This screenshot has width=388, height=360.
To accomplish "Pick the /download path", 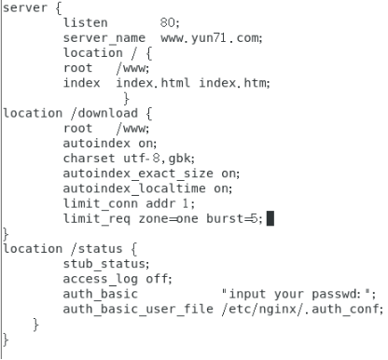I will pyautogui.click(x=97, y=113).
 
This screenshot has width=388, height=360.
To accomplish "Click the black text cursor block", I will pyautogui.click(x=270, y=219).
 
